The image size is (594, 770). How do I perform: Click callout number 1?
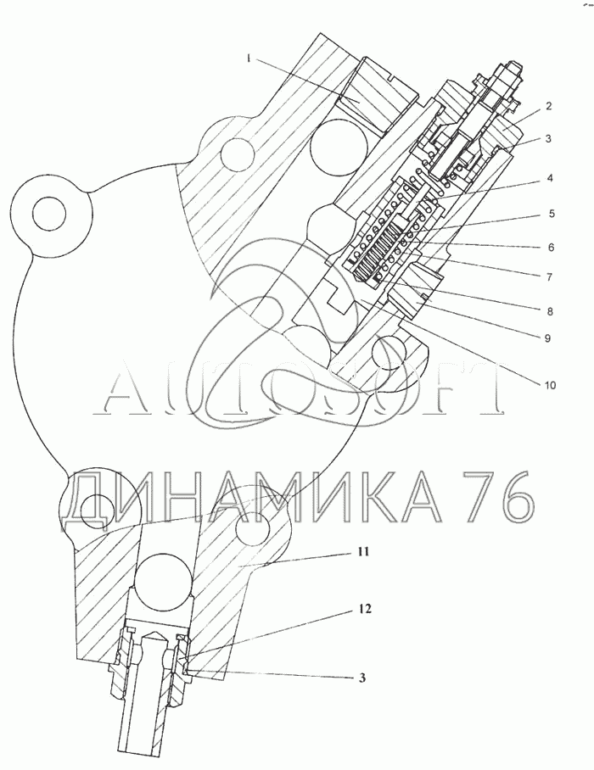click(x=249, y=59)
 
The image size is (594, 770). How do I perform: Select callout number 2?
click(x=549, y=106)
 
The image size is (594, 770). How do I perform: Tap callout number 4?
click(x=550, y=178)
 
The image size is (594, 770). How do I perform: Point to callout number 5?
click(x=552, y=214)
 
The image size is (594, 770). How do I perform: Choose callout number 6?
click(x=551, y=247)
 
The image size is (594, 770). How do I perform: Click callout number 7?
click(x=550, y=277)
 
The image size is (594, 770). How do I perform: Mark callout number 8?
click(x=549, y=311)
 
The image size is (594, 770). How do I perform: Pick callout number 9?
click(x=547, y=338)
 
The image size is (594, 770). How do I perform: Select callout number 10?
click(x=550, y=385)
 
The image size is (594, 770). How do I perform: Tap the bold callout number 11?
click(x=362, y=552)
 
